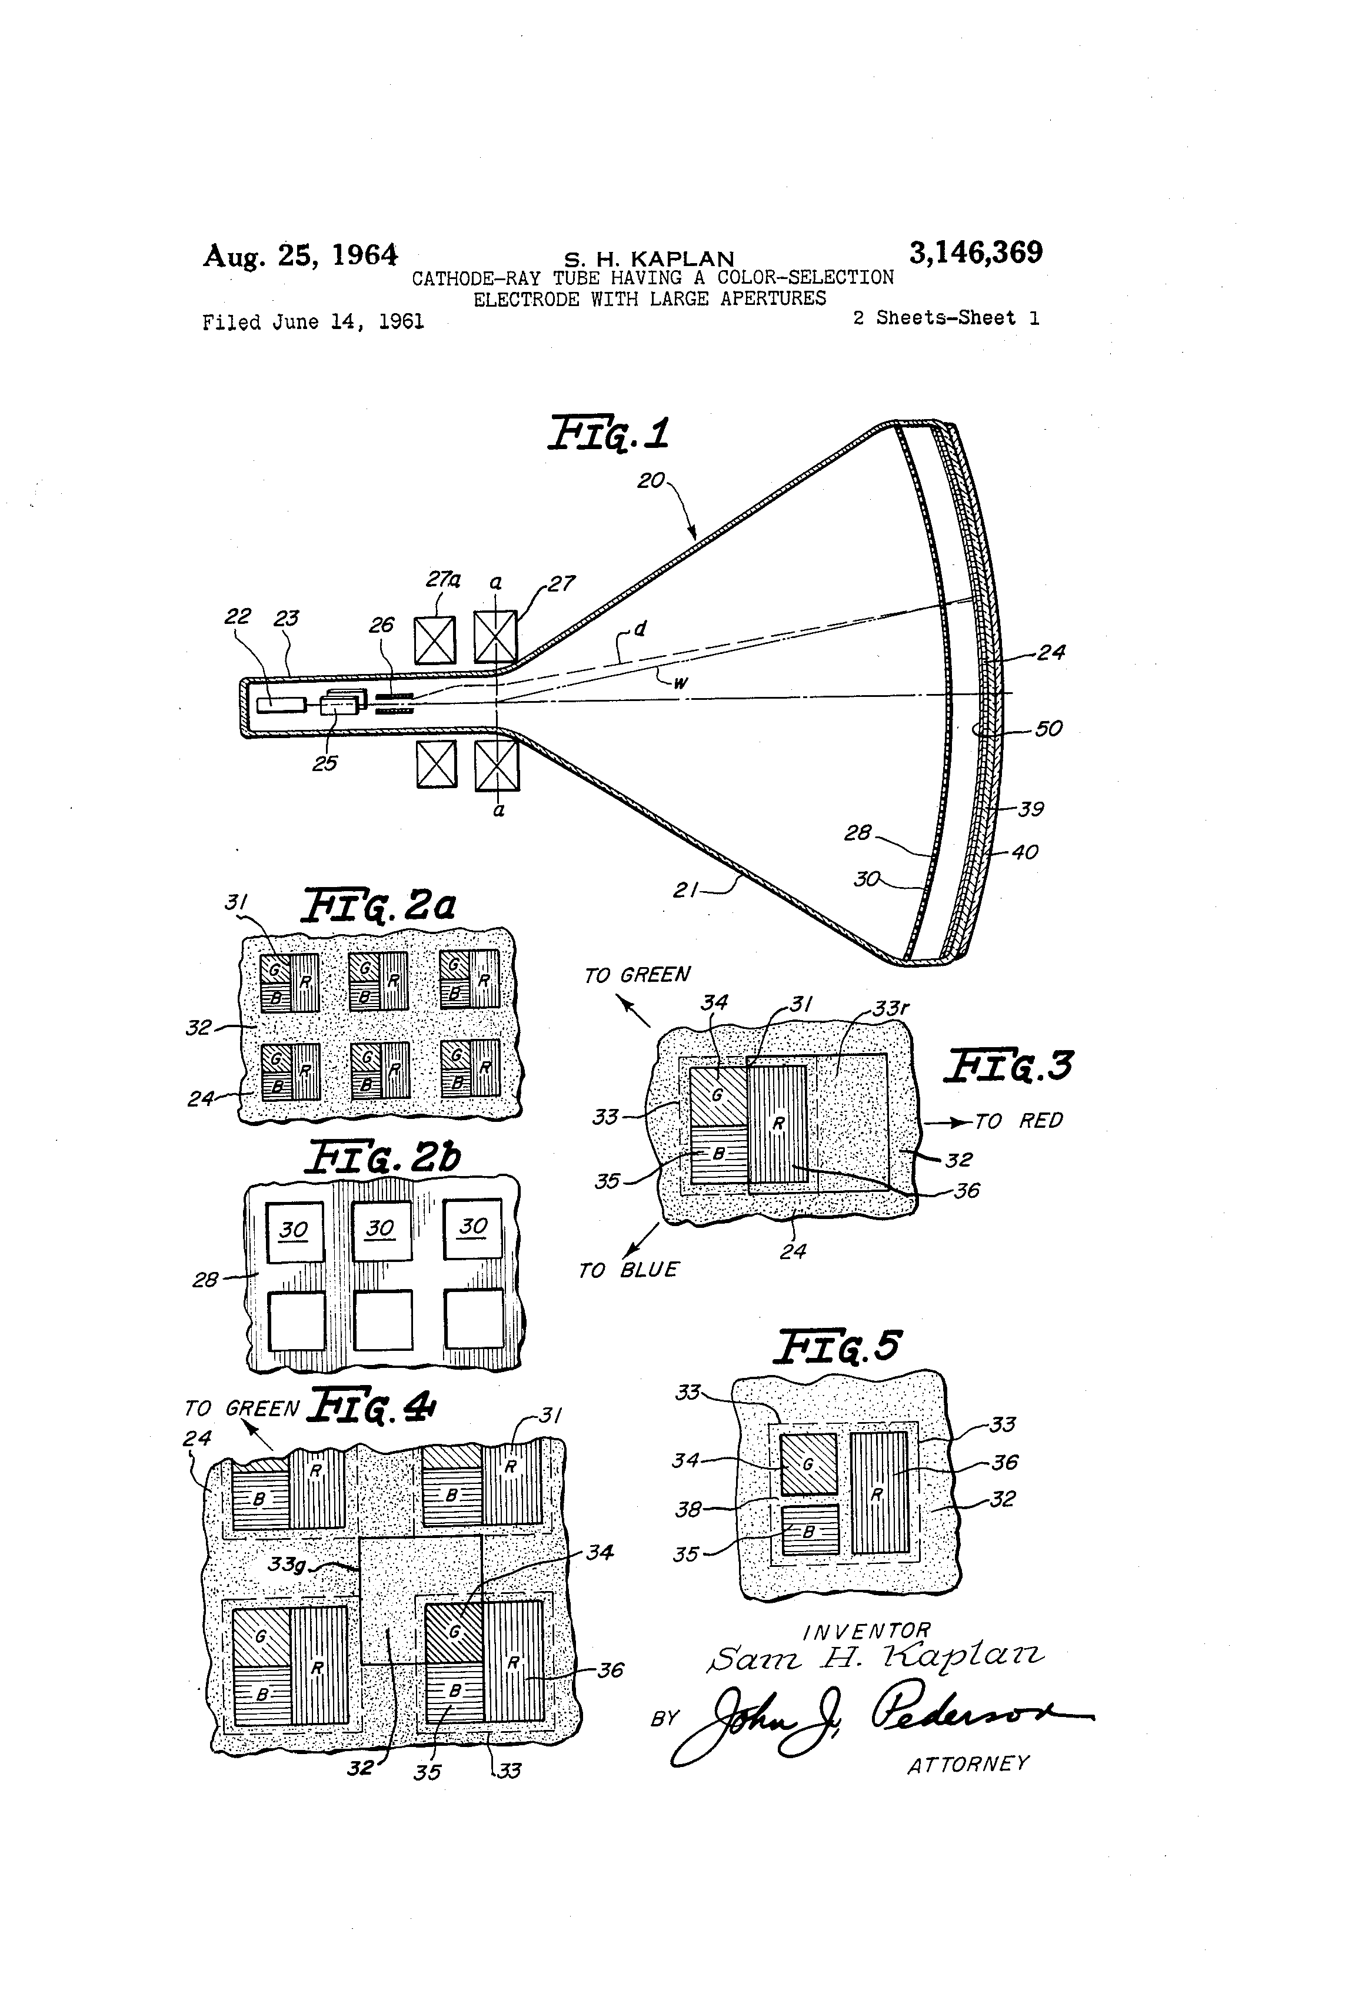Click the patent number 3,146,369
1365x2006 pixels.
click(x=975, y=253)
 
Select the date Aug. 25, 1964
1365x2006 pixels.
click(x=299, y=255)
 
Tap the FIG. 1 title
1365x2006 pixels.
click(x=609, y=433)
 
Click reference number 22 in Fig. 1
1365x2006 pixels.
click(x=237, y=616)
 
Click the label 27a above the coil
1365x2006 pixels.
click(x=442, y=579)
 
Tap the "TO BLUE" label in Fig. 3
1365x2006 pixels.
click(x=628, y=1270)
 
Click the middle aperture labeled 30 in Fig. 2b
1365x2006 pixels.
click(x=381, y=1229)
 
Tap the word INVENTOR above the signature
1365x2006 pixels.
click(x=866, y=1632)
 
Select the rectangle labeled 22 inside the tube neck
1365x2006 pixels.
click(x=281, y=705)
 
